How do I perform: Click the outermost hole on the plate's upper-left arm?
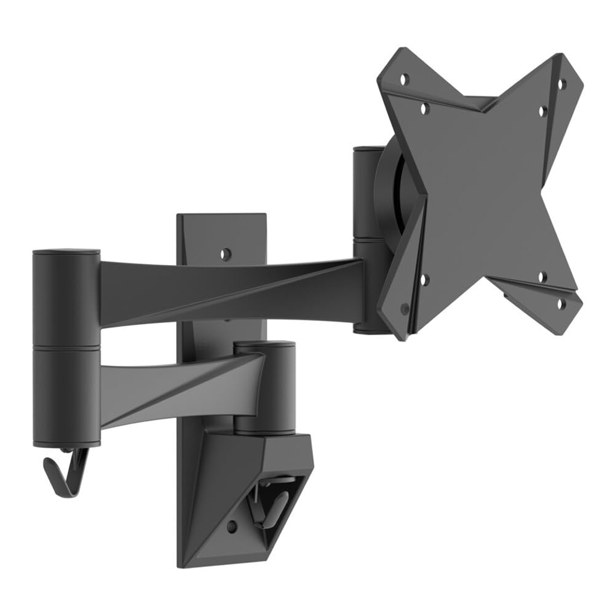[x=405, y=79]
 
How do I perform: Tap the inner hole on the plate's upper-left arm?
[x=425, y=108]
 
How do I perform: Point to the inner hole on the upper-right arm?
[x=542, y=111]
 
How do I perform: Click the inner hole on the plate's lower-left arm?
[x=424, y=279]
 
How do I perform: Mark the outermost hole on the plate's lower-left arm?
[x=404, y=307]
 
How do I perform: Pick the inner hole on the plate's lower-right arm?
[x=542, y=276]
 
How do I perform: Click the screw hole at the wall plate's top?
[x=226, y=253]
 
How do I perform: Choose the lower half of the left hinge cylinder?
[x=66, y=394]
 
